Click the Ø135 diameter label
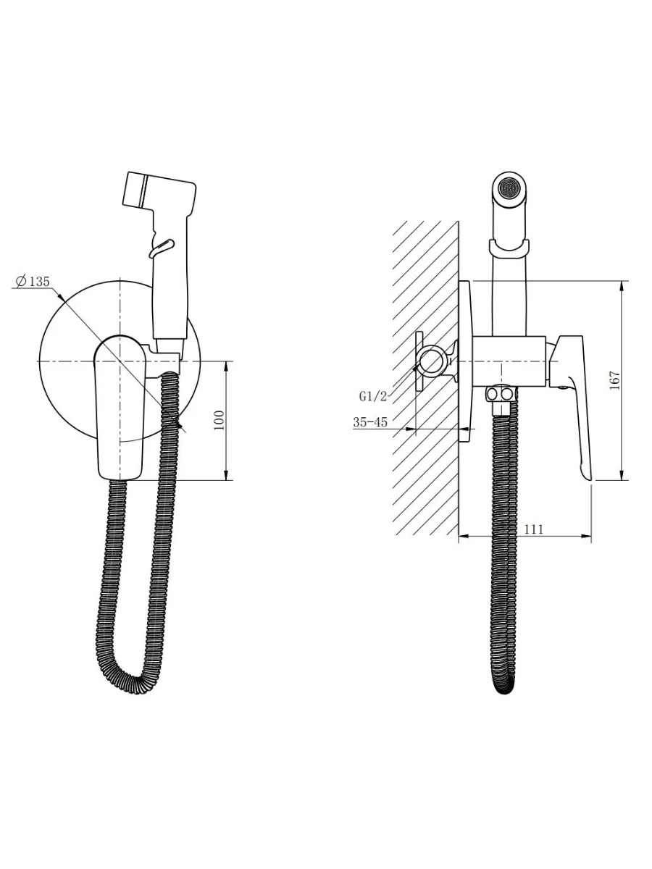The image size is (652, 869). click(x=33, y=281)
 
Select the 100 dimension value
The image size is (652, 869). click(x=219, y=421)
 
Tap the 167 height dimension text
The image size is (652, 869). click(x=614, y=380)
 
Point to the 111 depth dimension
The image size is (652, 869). click(x=534, y=529)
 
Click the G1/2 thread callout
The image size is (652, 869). click(x=372, y=396)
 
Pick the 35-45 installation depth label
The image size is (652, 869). click(x=370, y=422)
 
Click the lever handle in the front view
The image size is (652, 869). click(x=120, y=408)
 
